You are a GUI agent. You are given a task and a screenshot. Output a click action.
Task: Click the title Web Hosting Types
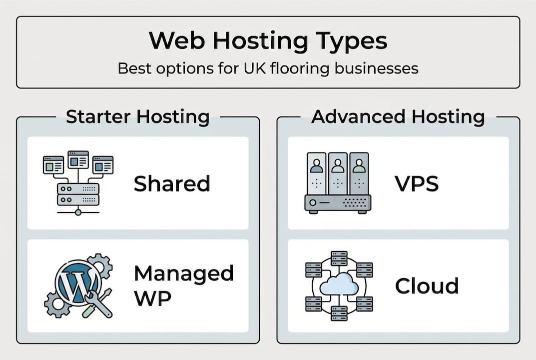click(268, 41)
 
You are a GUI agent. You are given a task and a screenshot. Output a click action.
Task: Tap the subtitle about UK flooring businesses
click(268, 68)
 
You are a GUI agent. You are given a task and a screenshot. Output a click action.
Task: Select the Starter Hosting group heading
click(137, 116)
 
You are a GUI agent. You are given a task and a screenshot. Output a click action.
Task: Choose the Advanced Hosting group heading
click(398, 116)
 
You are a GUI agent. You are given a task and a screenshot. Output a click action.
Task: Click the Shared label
click(172, 184)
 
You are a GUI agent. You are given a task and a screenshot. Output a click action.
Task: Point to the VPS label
click(417, 184)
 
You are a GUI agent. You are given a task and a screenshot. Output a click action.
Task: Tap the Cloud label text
click(427, 286)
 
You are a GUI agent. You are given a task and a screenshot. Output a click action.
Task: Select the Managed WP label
click(183, 285)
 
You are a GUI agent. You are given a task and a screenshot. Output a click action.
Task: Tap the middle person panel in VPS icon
click(338, 172)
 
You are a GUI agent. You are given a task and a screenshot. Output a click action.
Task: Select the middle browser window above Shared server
click(78, 159)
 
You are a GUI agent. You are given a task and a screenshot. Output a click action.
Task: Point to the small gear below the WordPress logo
click(55, 304)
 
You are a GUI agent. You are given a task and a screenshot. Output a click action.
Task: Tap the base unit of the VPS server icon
click(338, 203)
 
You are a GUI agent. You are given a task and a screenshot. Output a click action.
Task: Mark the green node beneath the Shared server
click(78, 212)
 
